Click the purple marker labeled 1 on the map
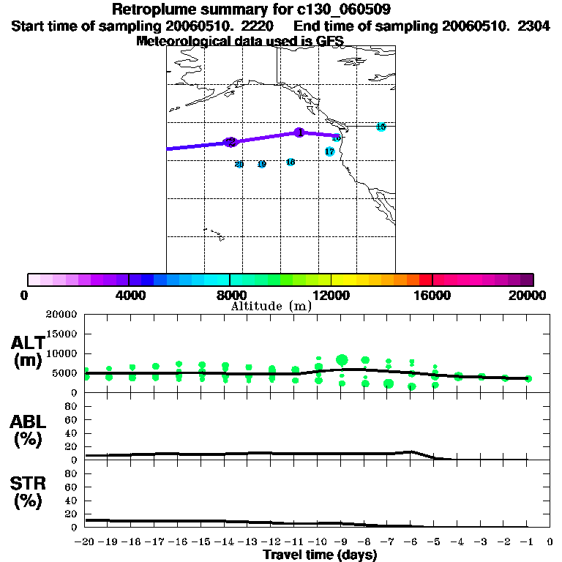click(299, 132)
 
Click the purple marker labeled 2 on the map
click(230, 142)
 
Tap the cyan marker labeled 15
click(381, 127)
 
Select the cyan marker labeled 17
click(329, 151)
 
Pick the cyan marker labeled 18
click(291, 162)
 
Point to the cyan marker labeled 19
click(261, 164)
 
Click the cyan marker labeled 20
click(239, 164)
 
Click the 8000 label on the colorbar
click(228, 295)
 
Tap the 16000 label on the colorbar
click(432, 295)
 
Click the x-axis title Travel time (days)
click(320, 555)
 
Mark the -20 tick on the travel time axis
click(85, 542)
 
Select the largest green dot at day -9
click(342, 360)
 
